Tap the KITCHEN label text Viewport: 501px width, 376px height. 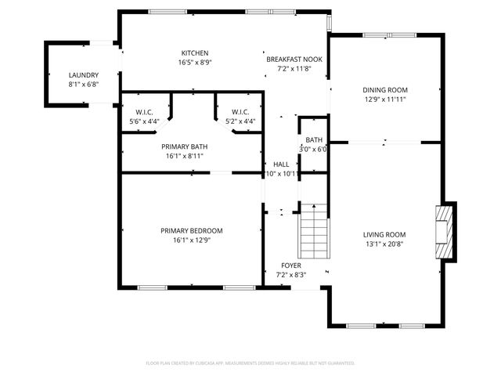(x=194, y=52)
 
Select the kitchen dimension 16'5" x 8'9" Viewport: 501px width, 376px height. (x=194, y=62)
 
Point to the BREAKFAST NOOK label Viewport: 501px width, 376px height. (x=294, y=60)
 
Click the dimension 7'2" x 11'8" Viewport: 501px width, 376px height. (x=294, y=69)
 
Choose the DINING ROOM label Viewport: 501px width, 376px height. (x=385, y=89)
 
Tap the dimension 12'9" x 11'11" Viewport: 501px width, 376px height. (x=385, y=99)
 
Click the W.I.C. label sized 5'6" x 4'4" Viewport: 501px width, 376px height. (x=144, y=111)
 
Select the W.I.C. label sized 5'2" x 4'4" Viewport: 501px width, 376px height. (x=240, y=111)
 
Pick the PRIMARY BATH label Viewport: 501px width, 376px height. (x=185, y=146)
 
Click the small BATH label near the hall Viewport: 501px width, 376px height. (x=314, y=140)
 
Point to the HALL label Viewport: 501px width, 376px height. (x=281, y=164)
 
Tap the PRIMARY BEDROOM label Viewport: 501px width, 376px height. (x=192, y=230)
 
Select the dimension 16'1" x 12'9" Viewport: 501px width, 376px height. (x=192, y=240)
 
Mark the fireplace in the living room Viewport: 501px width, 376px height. (x=445, y=230)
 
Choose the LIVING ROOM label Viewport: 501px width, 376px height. (x=384, y=234)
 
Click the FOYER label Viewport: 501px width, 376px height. (x=291, y=266)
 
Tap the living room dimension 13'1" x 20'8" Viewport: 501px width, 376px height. (x=384, y=244)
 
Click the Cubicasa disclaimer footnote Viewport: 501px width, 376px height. (x=250, y=363)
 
